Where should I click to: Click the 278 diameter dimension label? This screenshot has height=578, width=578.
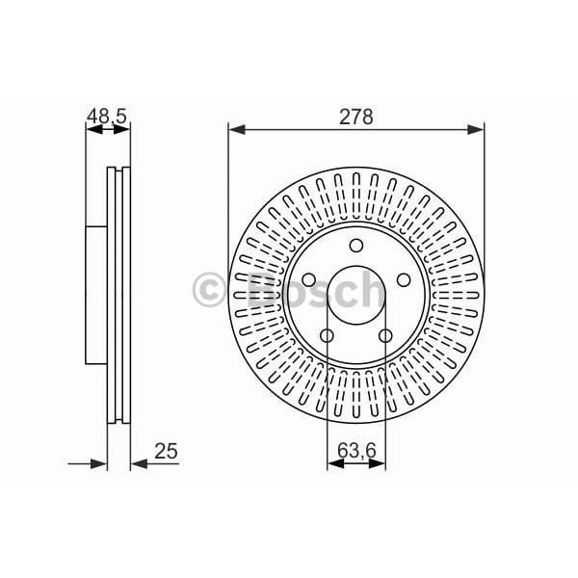(x=355, y=117)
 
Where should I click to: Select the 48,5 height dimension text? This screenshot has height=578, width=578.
(x=106, y=117)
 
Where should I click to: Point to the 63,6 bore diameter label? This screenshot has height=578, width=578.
(x=356, y=449)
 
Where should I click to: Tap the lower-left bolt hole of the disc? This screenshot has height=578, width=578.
(x=326, y=335)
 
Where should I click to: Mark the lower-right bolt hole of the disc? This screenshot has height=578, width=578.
(x=385, y=335)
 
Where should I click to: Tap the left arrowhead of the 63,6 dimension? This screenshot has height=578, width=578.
(x=333, y=463)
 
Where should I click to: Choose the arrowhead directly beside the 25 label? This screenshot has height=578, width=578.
(x=137, y=463)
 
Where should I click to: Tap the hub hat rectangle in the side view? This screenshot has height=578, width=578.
(x=95, y=295)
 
